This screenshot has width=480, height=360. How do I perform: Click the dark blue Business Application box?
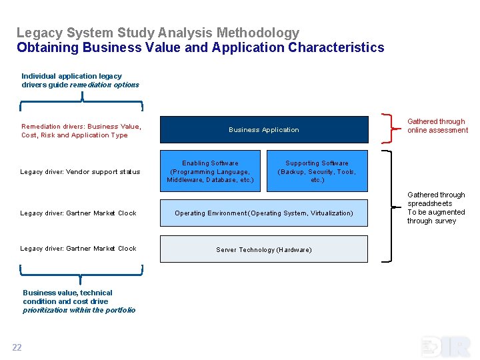264,130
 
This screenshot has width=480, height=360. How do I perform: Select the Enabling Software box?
210,171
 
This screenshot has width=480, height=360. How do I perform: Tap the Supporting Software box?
317,171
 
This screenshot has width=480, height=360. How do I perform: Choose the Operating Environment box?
264,213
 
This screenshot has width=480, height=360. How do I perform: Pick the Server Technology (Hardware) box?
264,249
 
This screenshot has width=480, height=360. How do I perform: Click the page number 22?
17,347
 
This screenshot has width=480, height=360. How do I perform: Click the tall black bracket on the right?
389,204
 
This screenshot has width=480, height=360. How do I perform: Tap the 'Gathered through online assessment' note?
437,126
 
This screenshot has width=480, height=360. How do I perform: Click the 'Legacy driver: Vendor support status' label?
80,172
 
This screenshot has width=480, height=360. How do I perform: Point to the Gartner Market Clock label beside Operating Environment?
78,213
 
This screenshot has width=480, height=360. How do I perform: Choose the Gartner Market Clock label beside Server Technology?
78,249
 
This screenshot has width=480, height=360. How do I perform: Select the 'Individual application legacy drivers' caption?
80,81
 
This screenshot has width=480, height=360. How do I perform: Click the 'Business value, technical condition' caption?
79,301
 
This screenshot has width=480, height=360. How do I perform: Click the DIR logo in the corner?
445,347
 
